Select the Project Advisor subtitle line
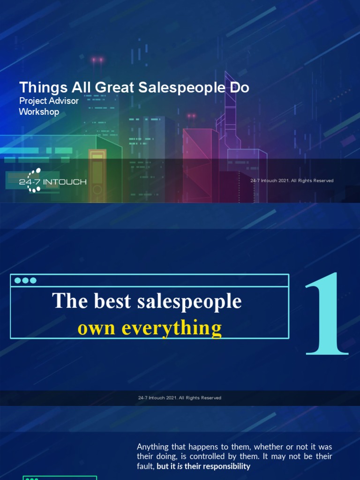(x=49, y=101)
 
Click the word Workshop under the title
(x=39, y=112)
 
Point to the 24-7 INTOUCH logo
(x=52, y=181)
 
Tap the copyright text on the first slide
(x=292, y=180)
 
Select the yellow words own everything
(x=150, y=328)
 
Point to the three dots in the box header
(x=25, y=280)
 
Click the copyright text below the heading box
(x=180, y=398)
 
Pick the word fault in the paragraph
(x=145, y=466)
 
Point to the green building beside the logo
(x=105, y=169)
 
